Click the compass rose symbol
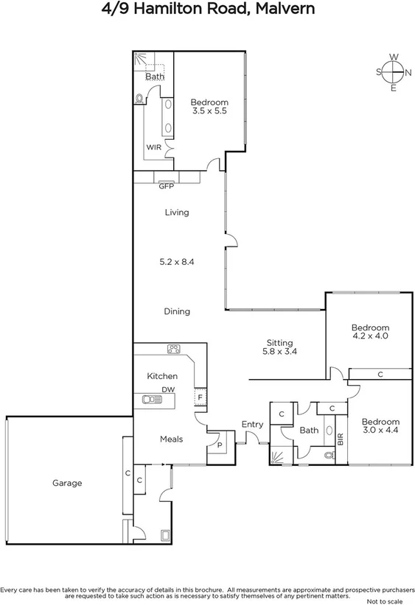[394, 71]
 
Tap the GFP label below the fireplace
[167, 186]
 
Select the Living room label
[177, 213]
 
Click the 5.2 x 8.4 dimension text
[177, 261]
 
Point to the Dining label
[177, 311]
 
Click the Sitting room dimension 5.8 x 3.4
[280, 353]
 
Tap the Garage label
[67, 484]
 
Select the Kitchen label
[162, 376]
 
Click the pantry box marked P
[219, 445]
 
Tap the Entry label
[252, 425]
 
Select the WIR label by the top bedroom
[153, 147]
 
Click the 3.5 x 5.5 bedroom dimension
[209, 111]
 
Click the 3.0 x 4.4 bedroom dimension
[380, 431]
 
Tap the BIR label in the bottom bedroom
[341, 440]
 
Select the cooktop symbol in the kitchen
[175, 349]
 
